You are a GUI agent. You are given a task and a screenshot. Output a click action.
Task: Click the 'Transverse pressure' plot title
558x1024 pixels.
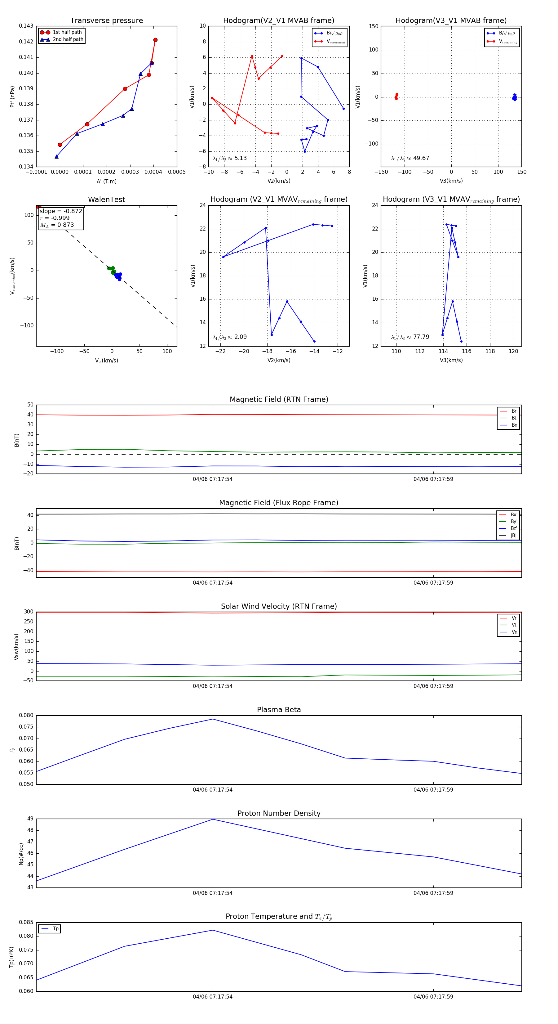coord(106,21)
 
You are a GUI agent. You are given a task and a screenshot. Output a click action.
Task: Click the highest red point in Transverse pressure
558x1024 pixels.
coord(155,40)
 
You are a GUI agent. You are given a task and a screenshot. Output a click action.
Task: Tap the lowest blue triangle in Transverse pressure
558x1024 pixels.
coord(56,157)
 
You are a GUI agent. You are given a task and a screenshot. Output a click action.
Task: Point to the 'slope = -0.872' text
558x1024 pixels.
coord(61,211)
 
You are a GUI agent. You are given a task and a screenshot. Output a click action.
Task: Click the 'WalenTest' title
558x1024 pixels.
coord(106,200)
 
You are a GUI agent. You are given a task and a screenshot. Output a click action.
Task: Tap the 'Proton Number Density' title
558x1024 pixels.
coord(279,813)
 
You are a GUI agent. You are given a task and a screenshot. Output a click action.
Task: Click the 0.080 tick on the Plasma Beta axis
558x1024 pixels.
coord(26,716)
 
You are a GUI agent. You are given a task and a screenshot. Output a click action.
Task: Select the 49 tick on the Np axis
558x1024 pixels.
coord(30,819)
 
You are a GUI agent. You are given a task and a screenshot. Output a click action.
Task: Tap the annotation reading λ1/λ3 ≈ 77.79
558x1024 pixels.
coord(410,337)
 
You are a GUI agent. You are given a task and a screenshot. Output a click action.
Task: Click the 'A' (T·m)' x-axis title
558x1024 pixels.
coord(106,181)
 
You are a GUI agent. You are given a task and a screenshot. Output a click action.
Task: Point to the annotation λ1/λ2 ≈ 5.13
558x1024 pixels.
coord(229,158)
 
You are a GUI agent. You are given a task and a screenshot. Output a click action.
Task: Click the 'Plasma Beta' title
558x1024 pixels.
coord(279,710)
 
